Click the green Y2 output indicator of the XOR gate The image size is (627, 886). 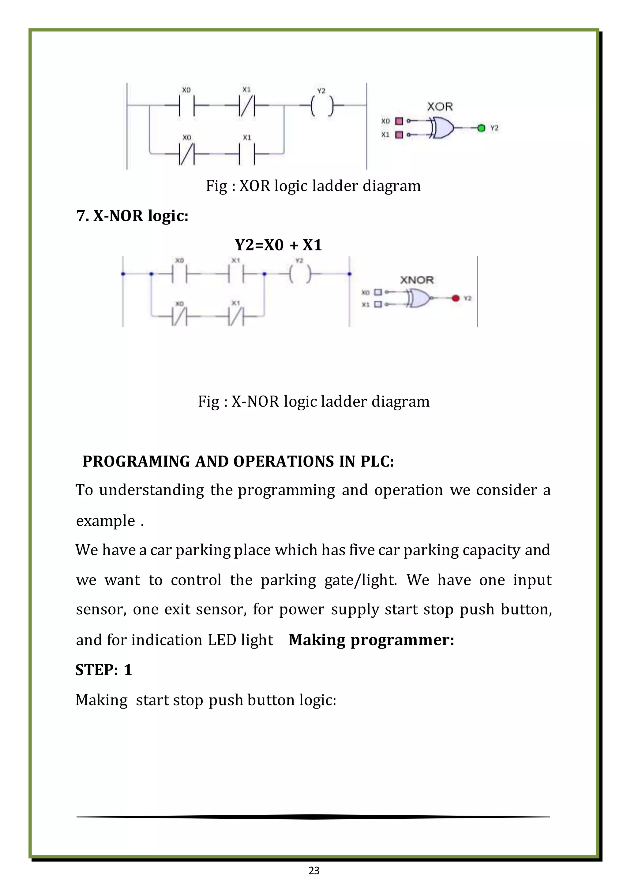(481, 128)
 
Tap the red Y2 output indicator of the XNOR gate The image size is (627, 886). (456, 298)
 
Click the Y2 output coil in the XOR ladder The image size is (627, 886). (321, 105)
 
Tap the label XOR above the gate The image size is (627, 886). (440, 106)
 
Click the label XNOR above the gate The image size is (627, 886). (417, 280)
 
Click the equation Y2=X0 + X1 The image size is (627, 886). (278, 245)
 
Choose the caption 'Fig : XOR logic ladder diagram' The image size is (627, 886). (313, 186)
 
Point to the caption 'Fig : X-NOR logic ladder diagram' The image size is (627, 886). (313, 401)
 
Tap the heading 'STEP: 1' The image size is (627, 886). (104, 670)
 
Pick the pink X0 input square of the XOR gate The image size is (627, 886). (400, 121)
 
